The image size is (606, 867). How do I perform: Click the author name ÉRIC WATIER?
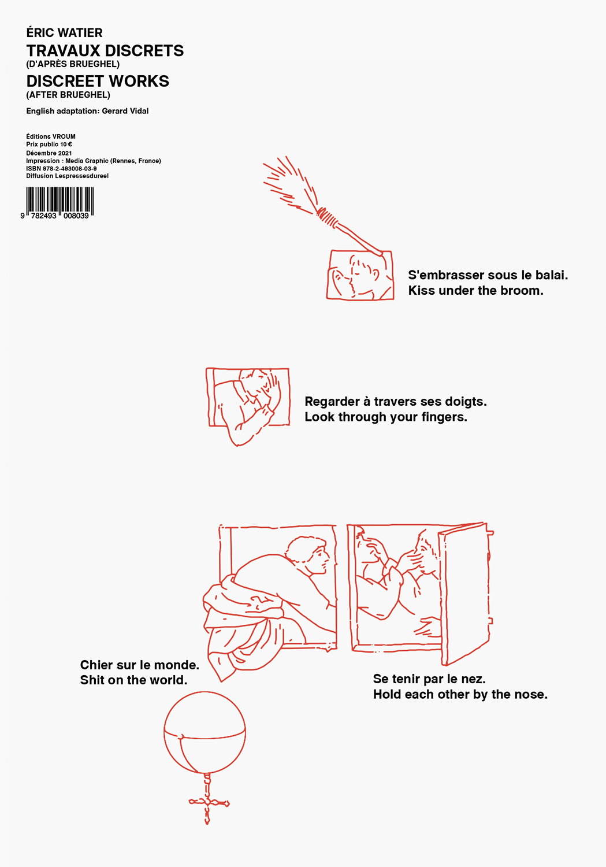pyautogui.click(x=64, y=32)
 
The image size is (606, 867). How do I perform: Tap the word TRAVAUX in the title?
pyautogui.click(x=63, y=51)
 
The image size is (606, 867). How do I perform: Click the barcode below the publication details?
pyautogui.click(x=60, y=203)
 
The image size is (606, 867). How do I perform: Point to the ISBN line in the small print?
pyautogui.click(x=61, y=168)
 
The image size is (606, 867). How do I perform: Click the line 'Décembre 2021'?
pyautogui.click(x=49, y=153)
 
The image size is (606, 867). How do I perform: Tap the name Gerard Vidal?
pyautogui.click(x=125, y=111)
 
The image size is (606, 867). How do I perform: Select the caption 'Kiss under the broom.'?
pyautogui.click(x=475, y=290)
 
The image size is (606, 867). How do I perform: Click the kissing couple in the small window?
pyautogui.click(x=360, y=275)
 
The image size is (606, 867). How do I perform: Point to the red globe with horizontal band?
pyautogui.click(x=205, y=732)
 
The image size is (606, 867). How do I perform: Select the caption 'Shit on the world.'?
pyautogui.click(x=133, y=680)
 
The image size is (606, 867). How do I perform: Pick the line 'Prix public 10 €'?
pyautogui.click(x=49, y=144)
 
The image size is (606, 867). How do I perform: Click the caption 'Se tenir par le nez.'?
pyautogui.click(x=429, y=679)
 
